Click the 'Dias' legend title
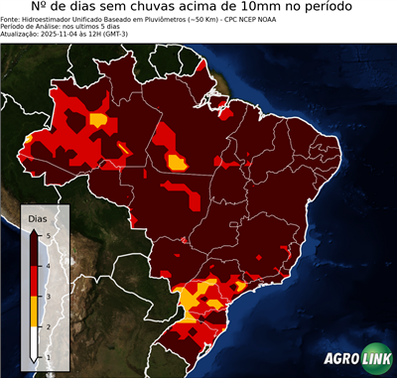(36, 217)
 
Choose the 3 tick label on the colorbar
(48, 297)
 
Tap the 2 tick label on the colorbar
(48, 326)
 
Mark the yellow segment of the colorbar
(34, 312)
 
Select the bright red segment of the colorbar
(34, 282)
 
